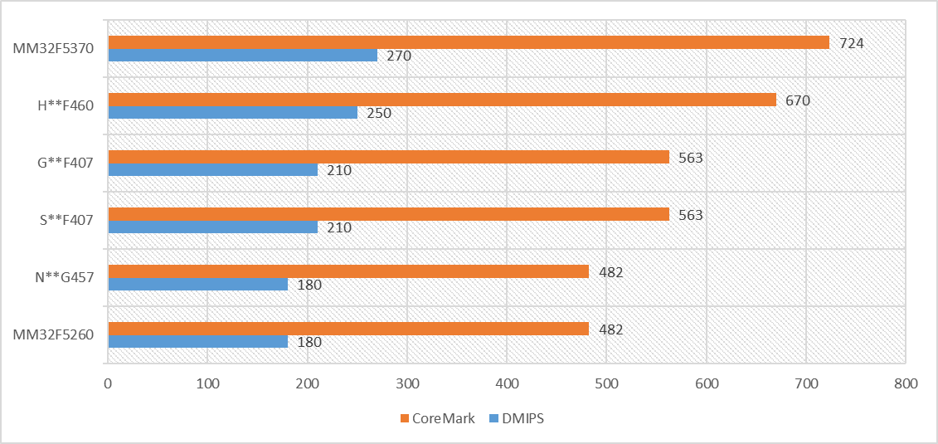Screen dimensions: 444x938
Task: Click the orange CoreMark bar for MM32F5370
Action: [469, 42]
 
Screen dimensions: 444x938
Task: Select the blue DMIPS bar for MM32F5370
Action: [242, 56]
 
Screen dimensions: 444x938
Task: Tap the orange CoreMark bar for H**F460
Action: [442, 100]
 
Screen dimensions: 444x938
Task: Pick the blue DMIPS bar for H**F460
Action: [232, 113]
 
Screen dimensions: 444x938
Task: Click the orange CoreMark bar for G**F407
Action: [388, 157]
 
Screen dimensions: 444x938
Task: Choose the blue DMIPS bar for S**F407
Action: [212, 227]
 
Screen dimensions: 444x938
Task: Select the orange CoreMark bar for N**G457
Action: [348, 271]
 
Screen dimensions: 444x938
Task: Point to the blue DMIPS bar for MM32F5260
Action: [197, 342]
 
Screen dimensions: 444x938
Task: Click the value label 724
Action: [851, 43]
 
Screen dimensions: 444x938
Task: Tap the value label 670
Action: [797, 100]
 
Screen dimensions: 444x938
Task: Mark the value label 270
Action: [398, 56]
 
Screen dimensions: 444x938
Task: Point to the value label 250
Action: [378, 114]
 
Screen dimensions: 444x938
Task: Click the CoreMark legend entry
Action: [437, 418]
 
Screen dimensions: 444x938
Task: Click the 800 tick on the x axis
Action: [906, 384]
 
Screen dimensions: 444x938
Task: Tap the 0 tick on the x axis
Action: [108, 384]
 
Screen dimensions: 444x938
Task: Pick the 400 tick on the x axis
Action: [507, 384]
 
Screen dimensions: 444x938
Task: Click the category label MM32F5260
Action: [53, 335]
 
